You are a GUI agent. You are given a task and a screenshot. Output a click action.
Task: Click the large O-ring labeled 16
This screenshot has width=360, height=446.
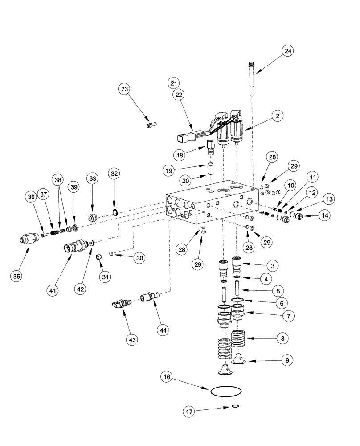point(226,392)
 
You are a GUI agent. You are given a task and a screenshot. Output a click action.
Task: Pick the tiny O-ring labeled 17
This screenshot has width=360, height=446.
point(236,405)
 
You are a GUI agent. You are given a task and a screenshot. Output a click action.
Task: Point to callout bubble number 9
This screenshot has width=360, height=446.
point(288,359)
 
